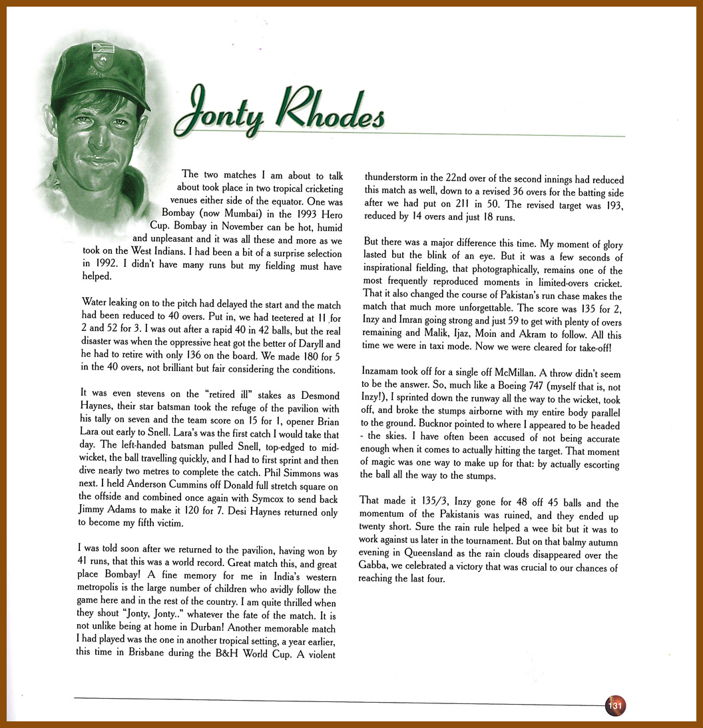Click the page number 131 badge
pos(615,705)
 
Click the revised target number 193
pos(610,205)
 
